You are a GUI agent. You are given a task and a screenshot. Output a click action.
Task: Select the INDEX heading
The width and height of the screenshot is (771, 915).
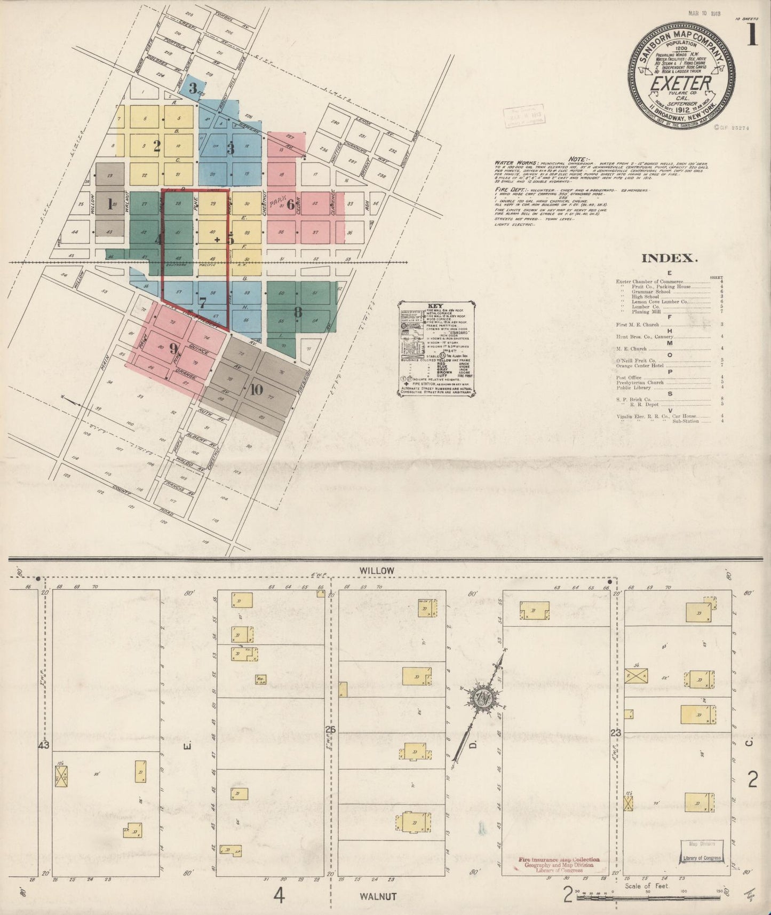click(x=670, y=259)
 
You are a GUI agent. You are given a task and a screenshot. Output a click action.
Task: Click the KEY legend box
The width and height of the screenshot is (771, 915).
click(x=436, y=349)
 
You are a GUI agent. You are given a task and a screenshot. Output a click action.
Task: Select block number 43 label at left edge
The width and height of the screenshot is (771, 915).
click(x=44, y=746)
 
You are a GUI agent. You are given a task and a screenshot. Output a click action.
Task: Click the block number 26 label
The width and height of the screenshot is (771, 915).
click(x=331, y=729)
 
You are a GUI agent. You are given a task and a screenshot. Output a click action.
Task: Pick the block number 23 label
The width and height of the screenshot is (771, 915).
click(x=616, y=733)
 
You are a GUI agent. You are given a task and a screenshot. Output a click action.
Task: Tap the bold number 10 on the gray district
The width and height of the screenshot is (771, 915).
click(x=256, y=390)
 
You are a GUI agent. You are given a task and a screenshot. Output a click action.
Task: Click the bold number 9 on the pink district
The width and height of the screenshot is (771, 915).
click(x=173, y=349)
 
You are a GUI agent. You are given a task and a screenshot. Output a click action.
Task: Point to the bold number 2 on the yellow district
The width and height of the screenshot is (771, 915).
click(x=157, y=146)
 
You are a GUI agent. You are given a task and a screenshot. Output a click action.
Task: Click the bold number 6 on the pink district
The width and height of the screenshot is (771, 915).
click(x=291, y=206)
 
